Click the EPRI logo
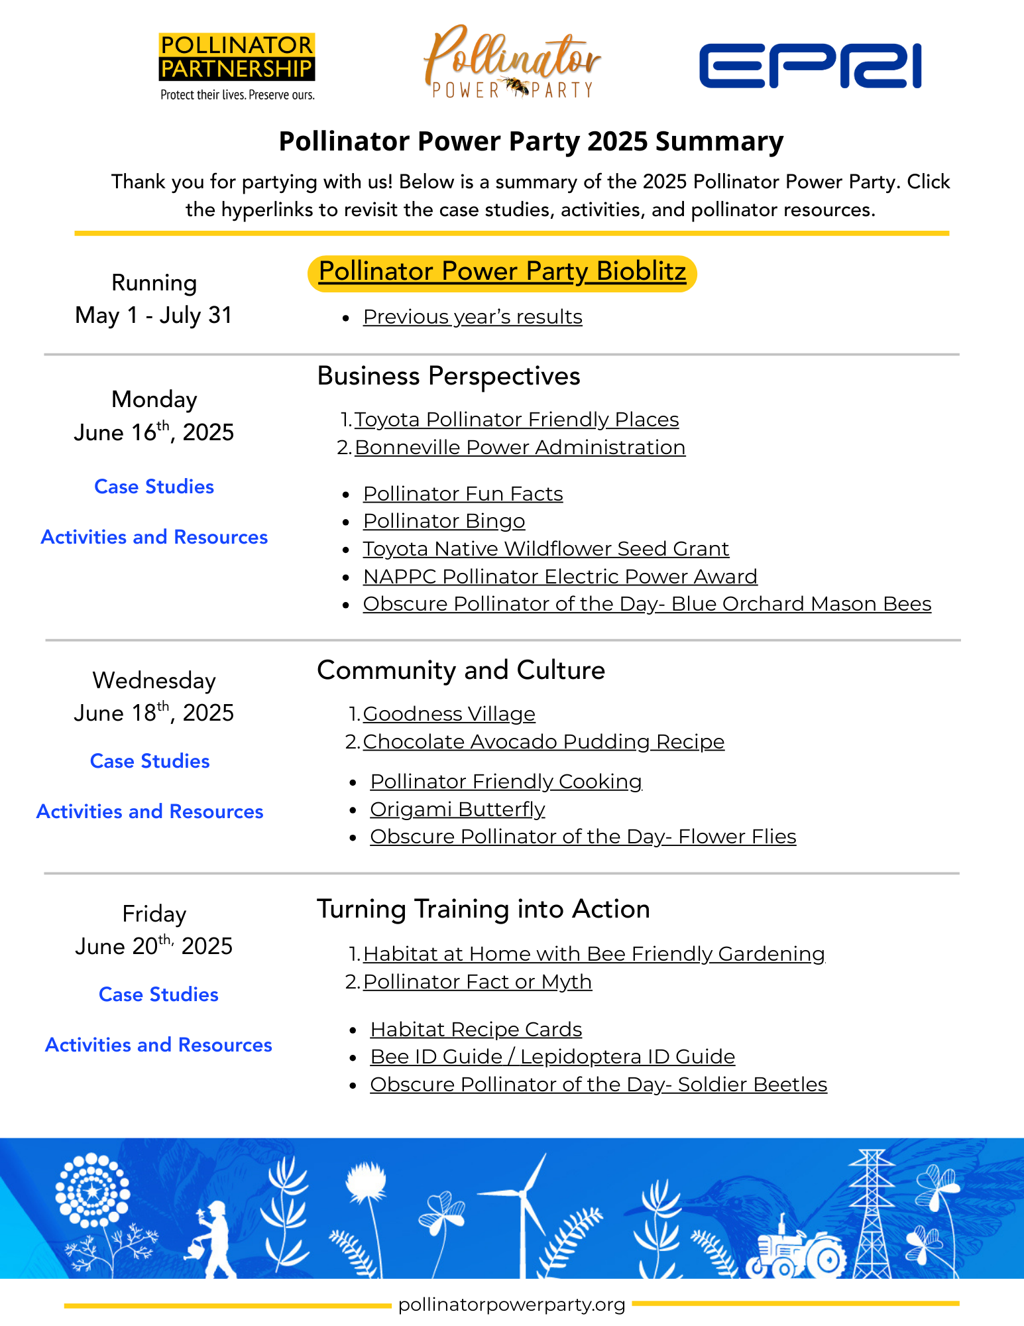coord(810,66)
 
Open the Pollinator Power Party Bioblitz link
coord(502,272)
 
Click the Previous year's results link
coord(473,317)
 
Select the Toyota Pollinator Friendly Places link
coord(516,420)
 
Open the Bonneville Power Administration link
coord(520,448)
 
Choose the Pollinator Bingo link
coord(444,521)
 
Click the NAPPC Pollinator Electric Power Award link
coord(560,577)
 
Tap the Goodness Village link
coord(449,714)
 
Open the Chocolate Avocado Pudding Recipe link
coord(543,742)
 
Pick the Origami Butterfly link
coord(457,810)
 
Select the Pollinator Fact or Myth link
coord(477,982)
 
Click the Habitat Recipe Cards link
coord(476,1030)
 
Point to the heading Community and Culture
coord(461,670)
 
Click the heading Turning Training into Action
coord(483,909)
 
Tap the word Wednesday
coord(154,681)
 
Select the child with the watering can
coord(213,1240)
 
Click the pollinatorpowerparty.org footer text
coord(512,1305)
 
